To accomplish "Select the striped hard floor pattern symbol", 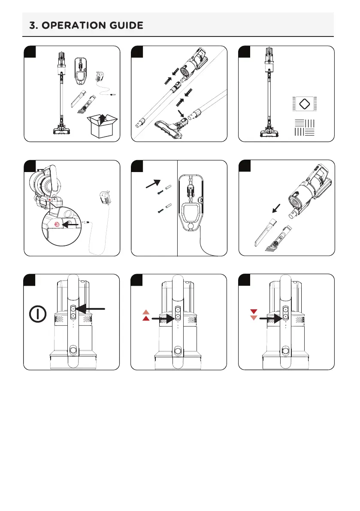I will point(305,128).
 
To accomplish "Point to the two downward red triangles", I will point(253,314).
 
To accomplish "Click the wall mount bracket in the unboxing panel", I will point(80,70).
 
